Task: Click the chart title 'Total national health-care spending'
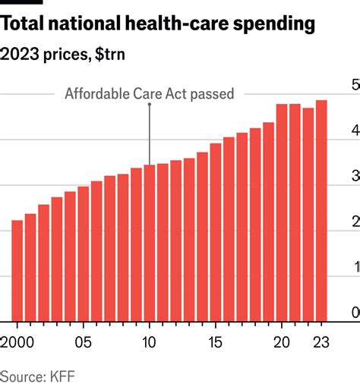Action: [157, 24]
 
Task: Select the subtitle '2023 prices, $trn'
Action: [65, 55]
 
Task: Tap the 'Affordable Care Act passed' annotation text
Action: [149, 95]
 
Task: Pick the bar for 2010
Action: [149, 243]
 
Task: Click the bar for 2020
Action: [281, 212]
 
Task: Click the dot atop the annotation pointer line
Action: [149, 105]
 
